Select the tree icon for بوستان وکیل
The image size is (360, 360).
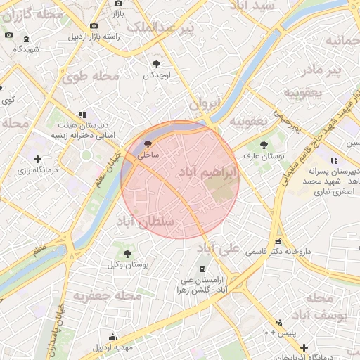click(x=127, y=253)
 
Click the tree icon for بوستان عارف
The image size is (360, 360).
click(x=264, y=145)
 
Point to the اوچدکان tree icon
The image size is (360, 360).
click(x=156, y=64)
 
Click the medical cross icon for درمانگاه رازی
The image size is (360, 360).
click(x=37, y=160)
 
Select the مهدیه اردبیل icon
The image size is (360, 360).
click(x=113, y=337)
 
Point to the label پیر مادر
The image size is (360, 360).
click(x=321, y=70)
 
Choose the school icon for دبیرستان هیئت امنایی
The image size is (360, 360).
click(x=82, y=114)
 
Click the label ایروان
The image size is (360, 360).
click(x=205, y=103)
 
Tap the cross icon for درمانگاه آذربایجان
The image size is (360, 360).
click(x=303, y=347)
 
